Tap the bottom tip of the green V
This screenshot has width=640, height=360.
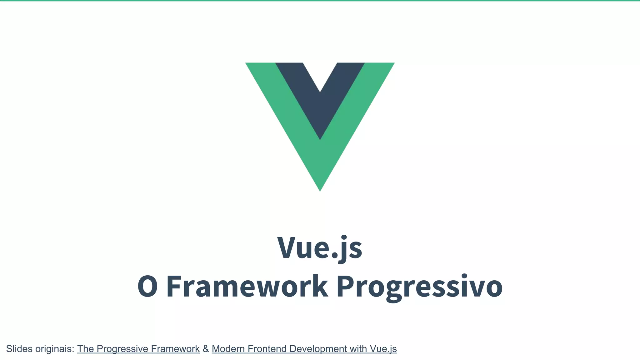click(320, 189)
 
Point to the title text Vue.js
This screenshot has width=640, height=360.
click(320, 248)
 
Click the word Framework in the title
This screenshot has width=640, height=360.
click(247, 287)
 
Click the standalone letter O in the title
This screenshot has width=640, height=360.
click(147, 287)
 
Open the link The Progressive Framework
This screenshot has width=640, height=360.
click(138, 349)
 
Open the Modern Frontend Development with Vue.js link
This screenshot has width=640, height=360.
click(304, 349)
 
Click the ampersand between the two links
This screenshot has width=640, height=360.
click(206, 349)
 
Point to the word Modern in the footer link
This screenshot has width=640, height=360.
click(228, 349)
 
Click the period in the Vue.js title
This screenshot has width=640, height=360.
click(334, 256)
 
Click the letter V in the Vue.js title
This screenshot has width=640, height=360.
click(288, 248)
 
